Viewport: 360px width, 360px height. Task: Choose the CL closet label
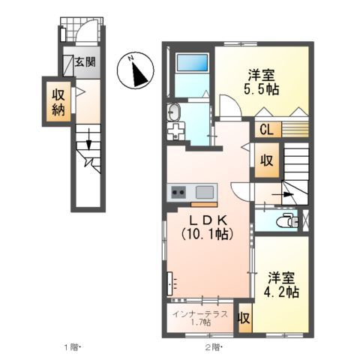tap(265, 129)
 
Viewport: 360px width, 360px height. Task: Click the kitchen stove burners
tap(178, 191)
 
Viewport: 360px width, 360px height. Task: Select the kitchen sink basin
tap(202, 190)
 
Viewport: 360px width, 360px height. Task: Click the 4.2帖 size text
tap(282, 290)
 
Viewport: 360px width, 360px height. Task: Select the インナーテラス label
tap(199, 313)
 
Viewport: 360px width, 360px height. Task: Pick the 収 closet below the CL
tap(265, 160)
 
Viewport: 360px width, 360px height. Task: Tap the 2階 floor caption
tap(212, 347)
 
